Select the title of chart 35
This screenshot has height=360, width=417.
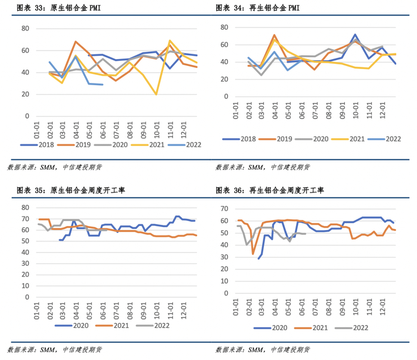pos(76,191)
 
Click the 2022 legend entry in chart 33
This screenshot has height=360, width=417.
pos(185,144)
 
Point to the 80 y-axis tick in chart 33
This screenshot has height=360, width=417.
pos(25,29)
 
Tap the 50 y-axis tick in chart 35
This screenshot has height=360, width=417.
pos(25,240)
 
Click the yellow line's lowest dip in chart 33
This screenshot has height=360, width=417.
pos(156,94)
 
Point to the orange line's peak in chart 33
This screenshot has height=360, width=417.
pos(76,42)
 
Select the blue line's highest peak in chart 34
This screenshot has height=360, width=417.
pos(355,35)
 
